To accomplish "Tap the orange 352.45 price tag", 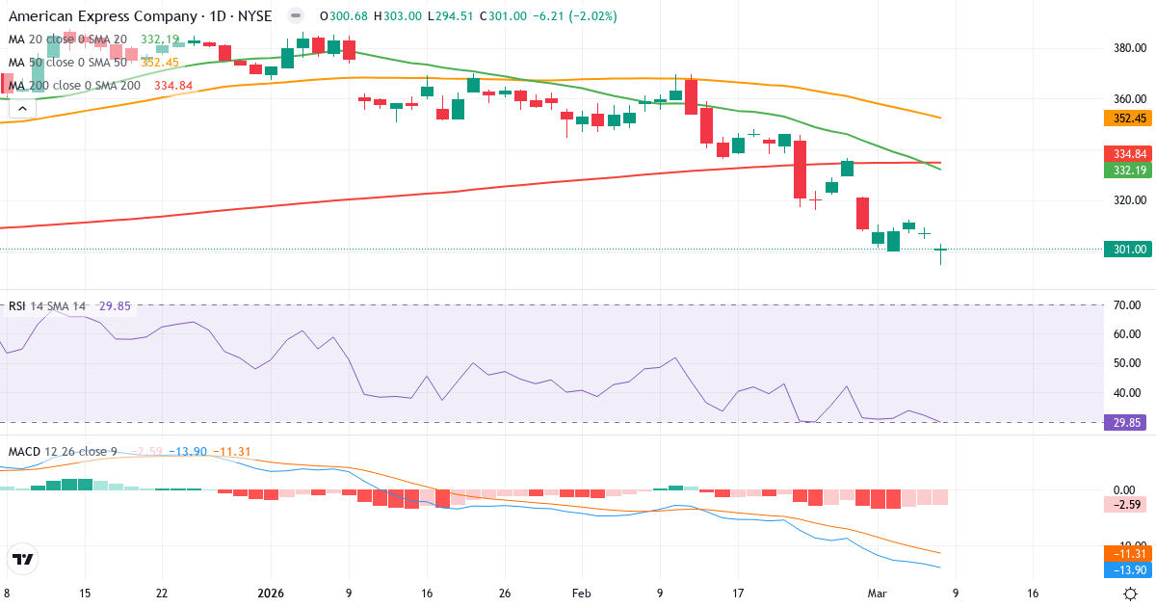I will pyautogui.click(x=1126, y=119).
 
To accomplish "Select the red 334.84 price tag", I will pyautogui.click(x=1126, y=154).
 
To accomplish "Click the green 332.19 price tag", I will pyautogui.click(x=1126, y=171).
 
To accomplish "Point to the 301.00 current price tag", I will pyautogui.click(x=1126, y=249).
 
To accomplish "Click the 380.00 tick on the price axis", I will pyautogui.click(x=1129, y=48).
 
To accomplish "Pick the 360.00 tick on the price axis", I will pyautogui.click(x=1129, y=98).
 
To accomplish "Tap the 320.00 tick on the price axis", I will pyautogui.click(x=1129, y=200).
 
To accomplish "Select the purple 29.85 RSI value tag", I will pyautogui.click(x=1126, y=422).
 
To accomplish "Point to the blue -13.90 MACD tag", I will pyautogui.click(x=1126, y=570).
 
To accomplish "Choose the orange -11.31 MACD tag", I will pyautogui.click(x=1126, y=554).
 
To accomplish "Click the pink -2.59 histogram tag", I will pyautogui.click(x=1126, y=505).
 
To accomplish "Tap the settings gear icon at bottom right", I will pyautogui.click(x=1131, y=594).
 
